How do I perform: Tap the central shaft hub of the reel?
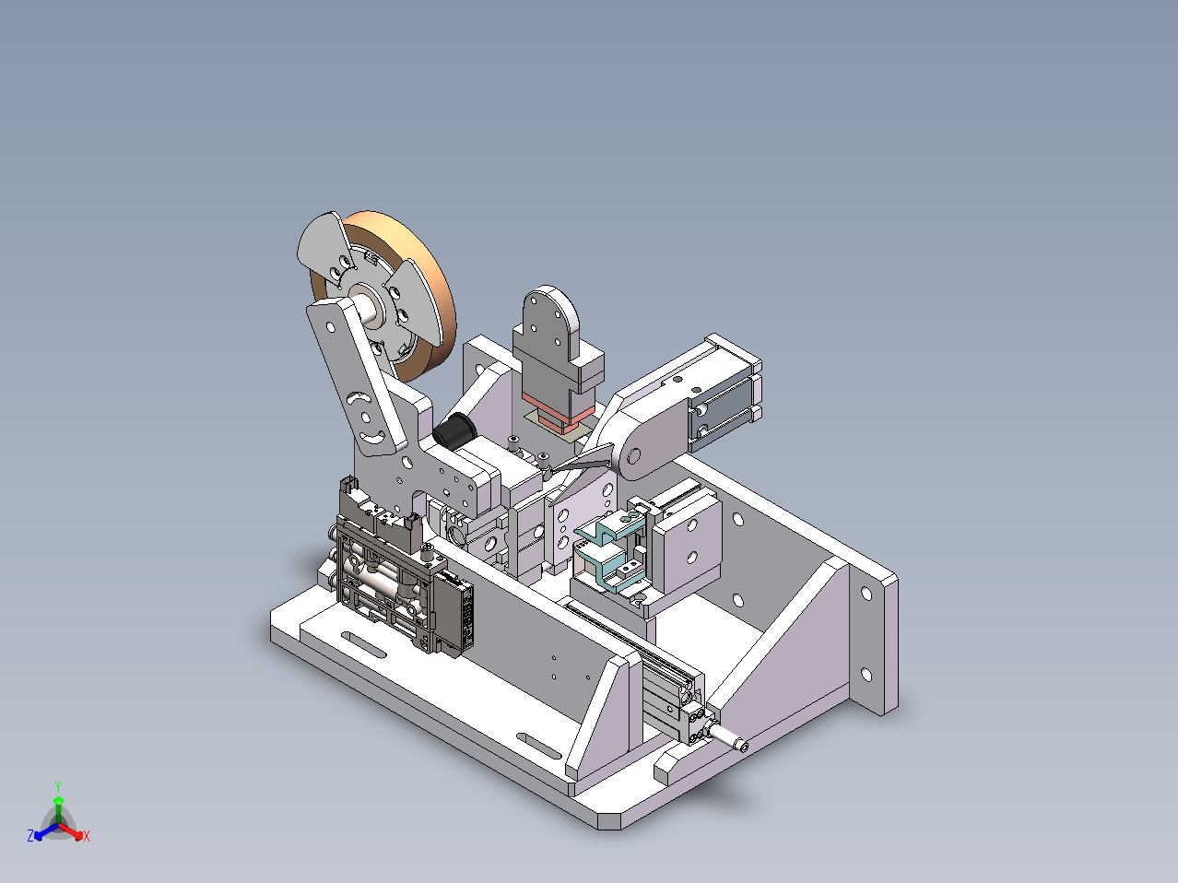click(x=370, y=307)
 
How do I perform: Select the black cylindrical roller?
click(x=454, y=430)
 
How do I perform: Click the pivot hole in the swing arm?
click(x=634, y=456)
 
